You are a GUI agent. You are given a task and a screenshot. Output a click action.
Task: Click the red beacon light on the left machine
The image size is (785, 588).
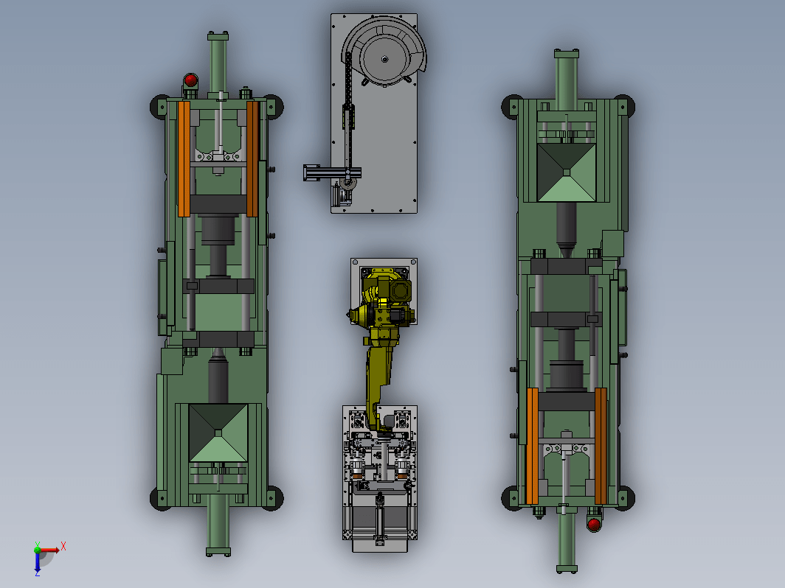(x=190, y=80)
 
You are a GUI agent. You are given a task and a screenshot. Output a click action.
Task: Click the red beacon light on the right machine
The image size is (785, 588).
(x=594, y=524)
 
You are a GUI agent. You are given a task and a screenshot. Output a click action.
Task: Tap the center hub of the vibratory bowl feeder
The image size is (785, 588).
(x=384, y=59)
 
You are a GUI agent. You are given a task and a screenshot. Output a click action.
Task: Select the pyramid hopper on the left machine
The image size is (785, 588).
(x=218, y=433)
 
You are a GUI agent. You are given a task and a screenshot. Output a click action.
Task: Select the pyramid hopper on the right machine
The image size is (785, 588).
(x=566, y=172)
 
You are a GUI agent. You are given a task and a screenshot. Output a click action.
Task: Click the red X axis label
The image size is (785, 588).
(x=63, y=546)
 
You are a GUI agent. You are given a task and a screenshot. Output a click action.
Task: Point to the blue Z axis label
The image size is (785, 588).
(x=37, y=573)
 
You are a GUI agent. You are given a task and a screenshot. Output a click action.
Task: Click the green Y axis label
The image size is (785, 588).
(x=37, y=545)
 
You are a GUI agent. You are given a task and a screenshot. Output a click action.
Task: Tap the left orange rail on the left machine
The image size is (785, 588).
(x=184, y=159)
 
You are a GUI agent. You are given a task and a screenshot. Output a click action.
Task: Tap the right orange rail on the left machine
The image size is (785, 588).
(x=252, y=159)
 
